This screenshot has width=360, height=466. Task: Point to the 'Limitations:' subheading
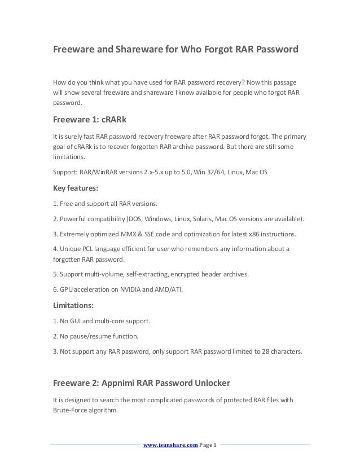[x=74, y=305]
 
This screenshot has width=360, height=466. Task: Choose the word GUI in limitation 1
[x=76, y=321]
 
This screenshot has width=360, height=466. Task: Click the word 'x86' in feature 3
[x=253, y=234]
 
